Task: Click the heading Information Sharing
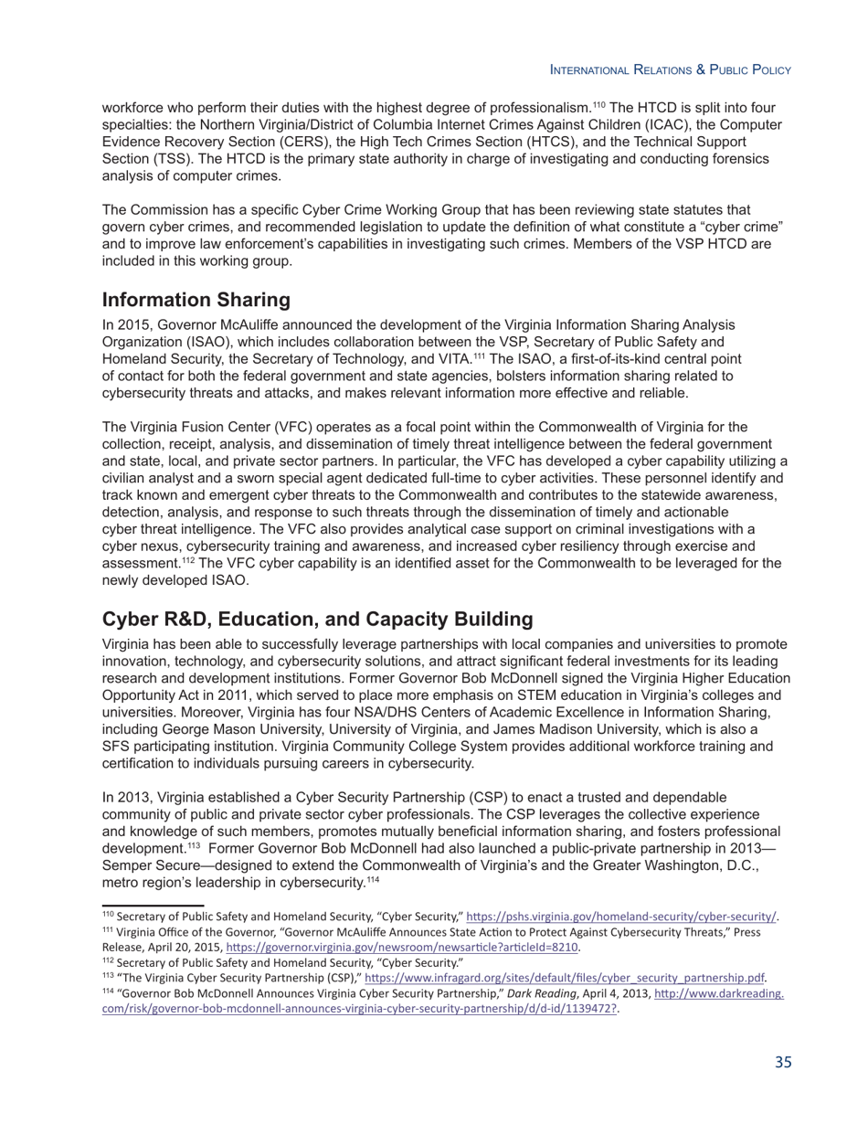click(x=196, y=300)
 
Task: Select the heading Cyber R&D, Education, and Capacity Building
click(x=317, y=619)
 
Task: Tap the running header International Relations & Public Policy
click(x=670, y=69)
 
